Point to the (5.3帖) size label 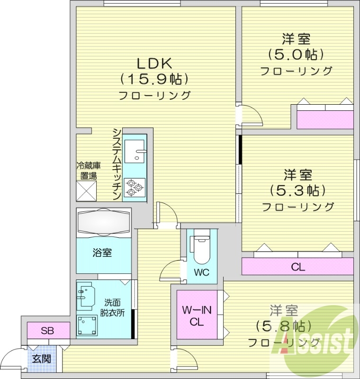pyautogui.click(x=298, y=190)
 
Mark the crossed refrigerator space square pyautogui.click(x=87, y=191)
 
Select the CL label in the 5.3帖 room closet pyautogui.click(x=298, y=267)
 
